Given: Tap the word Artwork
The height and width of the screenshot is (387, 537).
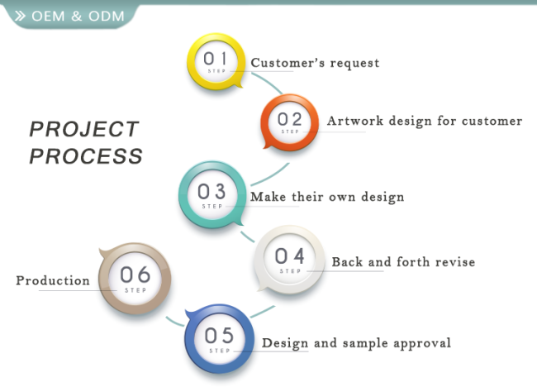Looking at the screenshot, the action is (355, 121).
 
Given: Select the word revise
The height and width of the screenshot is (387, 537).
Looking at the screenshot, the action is (455, 262).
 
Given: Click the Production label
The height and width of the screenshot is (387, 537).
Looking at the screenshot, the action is (53, 280).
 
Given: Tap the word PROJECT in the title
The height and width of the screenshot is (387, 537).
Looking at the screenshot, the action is (84, 129).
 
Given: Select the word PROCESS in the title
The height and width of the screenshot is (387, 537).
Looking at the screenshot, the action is (86, 156).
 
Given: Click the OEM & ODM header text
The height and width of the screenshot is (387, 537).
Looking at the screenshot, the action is (78, 16).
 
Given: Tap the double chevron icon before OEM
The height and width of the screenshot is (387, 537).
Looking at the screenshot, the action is (20, 16).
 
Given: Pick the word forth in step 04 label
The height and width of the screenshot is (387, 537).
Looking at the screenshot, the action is (413, 262).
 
